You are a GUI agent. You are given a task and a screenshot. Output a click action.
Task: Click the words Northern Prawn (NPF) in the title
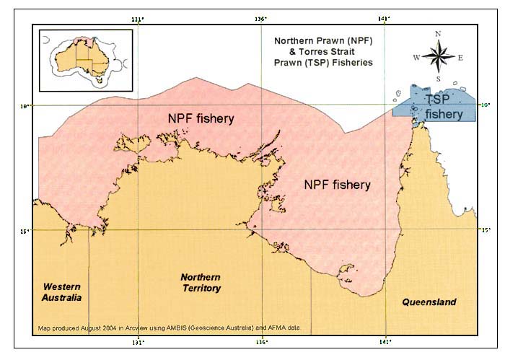[322, 40]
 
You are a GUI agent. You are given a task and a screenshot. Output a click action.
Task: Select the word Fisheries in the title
[348, 62]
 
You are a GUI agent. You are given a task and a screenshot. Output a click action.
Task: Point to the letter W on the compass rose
[416, 57]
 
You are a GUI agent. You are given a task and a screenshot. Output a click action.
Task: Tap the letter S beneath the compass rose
[439, 79]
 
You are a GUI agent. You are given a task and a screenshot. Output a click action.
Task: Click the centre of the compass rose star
[439, 56]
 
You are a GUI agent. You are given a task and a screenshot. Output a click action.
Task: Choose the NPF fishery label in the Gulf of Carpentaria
[337, 185]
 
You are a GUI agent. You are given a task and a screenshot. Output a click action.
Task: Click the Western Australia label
[61, 291]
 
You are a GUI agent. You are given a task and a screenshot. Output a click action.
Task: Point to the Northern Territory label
[201, 282]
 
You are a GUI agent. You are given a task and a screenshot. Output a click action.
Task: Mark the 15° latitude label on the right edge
[486, 230]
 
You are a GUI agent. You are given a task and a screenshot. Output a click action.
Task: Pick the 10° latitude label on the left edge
[25, 106]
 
